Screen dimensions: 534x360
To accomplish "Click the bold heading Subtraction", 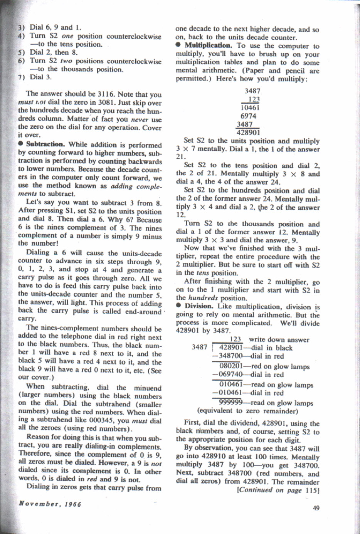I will point(45,144).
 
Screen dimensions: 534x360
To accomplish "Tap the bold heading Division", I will point(199,306).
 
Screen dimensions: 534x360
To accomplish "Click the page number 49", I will point(316,508).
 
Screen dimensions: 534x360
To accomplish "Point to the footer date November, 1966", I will point(50,504).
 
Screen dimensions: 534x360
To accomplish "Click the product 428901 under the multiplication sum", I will point(248,133).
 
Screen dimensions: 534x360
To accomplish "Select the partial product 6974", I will point(249,116).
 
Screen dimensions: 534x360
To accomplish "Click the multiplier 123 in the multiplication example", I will point(254,99).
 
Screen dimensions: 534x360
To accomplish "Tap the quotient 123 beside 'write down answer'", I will point(236,339).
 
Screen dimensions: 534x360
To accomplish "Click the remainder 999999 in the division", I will point(231,403).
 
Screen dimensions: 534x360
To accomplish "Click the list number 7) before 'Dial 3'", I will point(22,77).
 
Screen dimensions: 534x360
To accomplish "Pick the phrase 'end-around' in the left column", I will point(143,311).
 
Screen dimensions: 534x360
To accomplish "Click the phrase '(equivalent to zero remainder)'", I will point(247,411).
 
